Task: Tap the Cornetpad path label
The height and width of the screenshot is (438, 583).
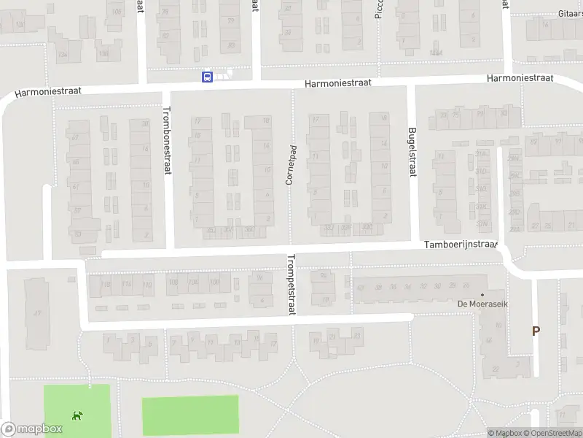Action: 289,164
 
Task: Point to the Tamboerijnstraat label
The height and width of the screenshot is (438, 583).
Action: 461,246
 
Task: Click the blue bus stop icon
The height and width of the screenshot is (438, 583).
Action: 208,77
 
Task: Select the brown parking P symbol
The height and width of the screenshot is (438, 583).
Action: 536,331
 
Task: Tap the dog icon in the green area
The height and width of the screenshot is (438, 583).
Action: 77,416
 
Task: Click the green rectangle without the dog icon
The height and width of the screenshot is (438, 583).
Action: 189,415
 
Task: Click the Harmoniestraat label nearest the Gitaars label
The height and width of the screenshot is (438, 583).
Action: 520,78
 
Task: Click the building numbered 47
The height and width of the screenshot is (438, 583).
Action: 36,314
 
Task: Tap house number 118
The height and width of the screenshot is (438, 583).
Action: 106,285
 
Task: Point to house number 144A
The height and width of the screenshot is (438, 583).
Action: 436,53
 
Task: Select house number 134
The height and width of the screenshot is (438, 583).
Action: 20,25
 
